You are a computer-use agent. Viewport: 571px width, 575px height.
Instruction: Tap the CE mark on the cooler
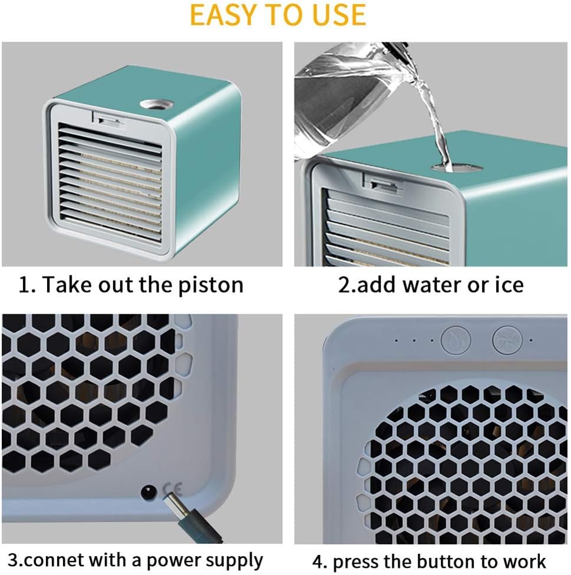point(175,488)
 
